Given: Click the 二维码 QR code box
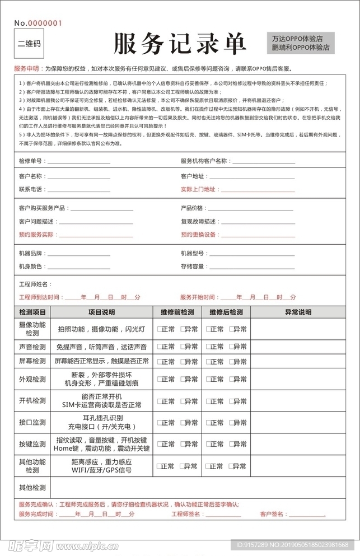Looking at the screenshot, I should tap(29, 43).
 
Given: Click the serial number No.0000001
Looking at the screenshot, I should tap(38, 23).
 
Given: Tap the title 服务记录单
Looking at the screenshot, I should tap(180, 43).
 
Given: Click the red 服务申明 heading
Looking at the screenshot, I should tap(26, 68).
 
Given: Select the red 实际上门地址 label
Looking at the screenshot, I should tap(198, 189).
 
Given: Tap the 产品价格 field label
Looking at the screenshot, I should tap(192, 208).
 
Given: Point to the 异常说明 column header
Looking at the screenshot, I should tap(298, 312).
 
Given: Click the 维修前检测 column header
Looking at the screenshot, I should tap(177, 312).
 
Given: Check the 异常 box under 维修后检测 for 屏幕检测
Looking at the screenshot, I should tap(230, 361).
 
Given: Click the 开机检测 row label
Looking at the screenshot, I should tap(32, 401).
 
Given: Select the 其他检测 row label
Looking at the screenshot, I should tap(32, 487).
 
